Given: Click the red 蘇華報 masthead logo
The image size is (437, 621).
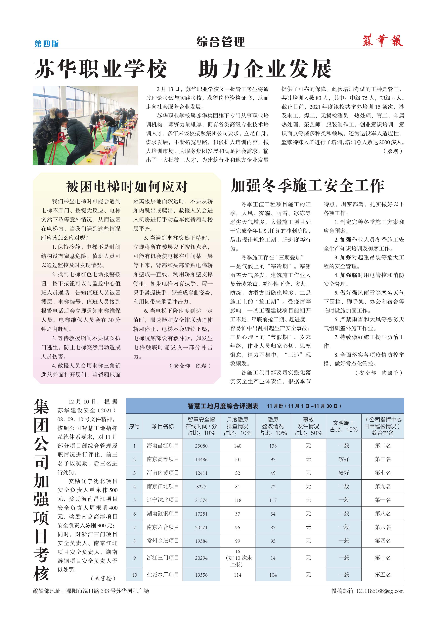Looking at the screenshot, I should [x=383, y=41].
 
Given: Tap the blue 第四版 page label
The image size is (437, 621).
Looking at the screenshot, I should [x=47, y=44].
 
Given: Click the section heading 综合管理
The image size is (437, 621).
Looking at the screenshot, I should [x=220, y=42].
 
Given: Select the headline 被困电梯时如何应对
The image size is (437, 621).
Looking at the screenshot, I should [x=127, y=186].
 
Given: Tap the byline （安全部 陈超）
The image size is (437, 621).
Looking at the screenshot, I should [x=190, y=366].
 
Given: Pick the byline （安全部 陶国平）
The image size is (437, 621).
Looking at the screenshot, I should [x=379, y=373].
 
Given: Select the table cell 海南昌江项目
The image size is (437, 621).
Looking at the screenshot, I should [x=162, y=446].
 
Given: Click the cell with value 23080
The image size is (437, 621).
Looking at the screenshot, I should [x=201, y=446].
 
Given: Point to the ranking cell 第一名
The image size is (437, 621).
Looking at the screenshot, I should [x=383, y=500].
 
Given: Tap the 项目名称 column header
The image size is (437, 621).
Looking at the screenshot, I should [x=162, y=426].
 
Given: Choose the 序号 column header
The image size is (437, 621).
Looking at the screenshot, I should [x=134, y=426].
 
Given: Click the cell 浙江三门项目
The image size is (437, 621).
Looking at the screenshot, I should [x=162, y=557].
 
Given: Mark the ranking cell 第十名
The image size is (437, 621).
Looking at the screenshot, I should [x=383, y=557].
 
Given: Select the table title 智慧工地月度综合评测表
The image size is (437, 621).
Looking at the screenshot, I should [x=223, y=406].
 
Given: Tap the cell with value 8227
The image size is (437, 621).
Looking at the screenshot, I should [x=201, y=487].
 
